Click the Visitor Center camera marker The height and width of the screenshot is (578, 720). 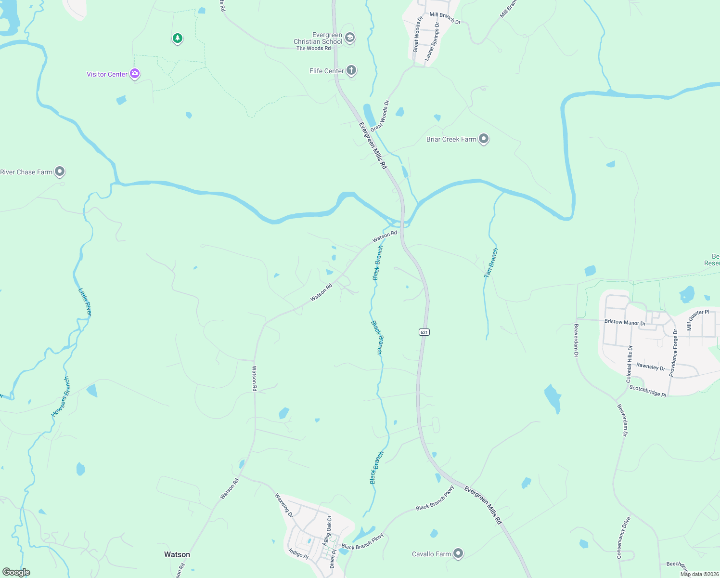click(135, 74)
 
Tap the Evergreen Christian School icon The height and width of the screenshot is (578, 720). click(350, 38)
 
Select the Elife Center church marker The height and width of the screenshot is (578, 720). click(351, 71)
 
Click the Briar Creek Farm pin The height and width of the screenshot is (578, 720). click(484, 139)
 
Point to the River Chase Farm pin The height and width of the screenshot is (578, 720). click(60, 171)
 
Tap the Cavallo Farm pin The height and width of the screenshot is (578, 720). click(458, 553)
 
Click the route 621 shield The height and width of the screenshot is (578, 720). click(424, 332)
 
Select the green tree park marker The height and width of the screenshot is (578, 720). click(178, 38)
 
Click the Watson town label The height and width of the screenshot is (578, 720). click(177, 554)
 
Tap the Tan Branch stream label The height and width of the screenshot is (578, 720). click(491, 263)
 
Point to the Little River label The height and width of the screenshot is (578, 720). click(85, 302)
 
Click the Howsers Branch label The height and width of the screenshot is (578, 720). click(61, 397)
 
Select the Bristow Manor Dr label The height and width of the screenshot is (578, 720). click(625, 322)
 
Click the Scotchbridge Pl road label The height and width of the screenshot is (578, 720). click(648, 391)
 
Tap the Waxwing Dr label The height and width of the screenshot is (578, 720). click(284, 505)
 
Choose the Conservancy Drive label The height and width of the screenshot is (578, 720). click(623, 538)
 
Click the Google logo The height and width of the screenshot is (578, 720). click(16, 572)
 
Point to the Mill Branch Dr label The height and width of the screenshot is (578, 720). click(445, 18)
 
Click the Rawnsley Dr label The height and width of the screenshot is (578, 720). click(651, 367)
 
